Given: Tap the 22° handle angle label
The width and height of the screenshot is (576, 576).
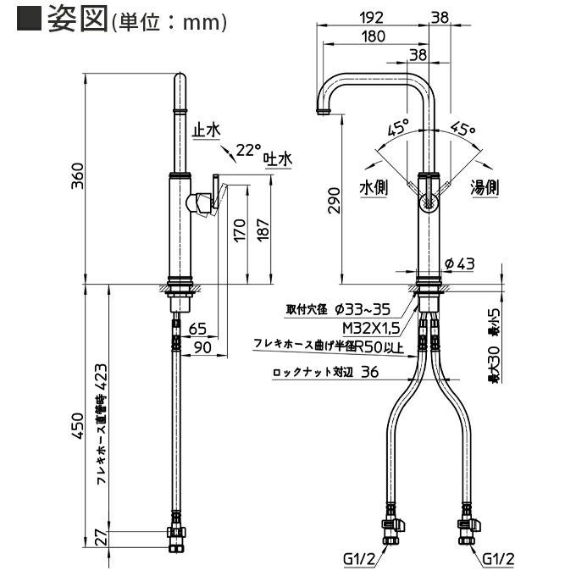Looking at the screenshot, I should [247, 150].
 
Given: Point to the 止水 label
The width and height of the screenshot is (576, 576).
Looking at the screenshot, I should [207, 130].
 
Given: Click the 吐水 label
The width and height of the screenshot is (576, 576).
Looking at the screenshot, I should [276, 158].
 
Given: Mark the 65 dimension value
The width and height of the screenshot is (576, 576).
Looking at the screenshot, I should [197, 328].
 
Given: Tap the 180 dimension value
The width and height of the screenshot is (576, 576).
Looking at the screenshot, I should [373, 36].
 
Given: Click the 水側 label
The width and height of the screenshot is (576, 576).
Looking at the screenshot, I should [373, 188].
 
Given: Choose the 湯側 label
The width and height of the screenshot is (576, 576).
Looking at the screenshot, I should [484, 188].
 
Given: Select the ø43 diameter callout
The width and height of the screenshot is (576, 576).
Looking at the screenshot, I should [460, 263].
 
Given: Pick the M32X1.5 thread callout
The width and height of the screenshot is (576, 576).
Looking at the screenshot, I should [372, 328].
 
